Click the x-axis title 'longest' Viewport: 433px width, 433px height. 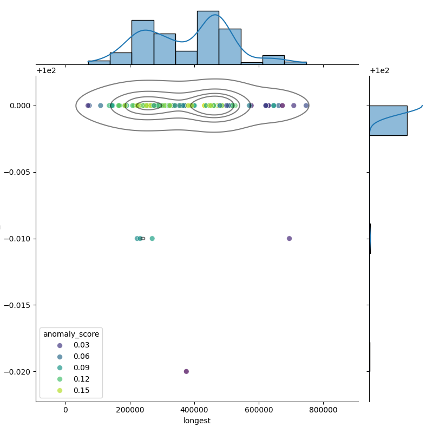click(x=197, y=421)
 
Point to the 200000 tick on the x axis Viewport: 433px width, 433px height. click(x=130, y=402)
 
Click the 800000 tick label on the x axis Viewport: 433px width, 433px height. click(x=324, y=410)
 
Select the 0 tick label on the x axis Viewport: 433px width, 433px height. click(x=65, y=410)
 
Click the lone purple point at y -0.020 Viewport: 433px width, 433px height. click(x=186, y=371)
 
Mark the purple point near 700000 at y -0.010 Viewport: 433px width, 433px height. click(x=289, y=238)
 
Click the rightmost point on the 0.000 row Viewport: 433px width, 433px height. click(x=306, y=106)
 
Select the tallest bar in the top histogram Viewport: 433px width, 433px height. click(x=208, y=37)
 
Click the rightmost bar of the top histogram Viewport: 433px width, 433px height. click(x=295, y=63)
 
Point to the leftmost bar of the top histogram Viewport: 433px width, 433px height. click(x=99, y=62)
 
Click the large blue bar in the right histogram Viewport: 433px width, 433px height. click(x=388, y=120)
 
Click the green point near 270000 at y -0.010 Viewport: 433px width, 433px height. click(x=152, y=238)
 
